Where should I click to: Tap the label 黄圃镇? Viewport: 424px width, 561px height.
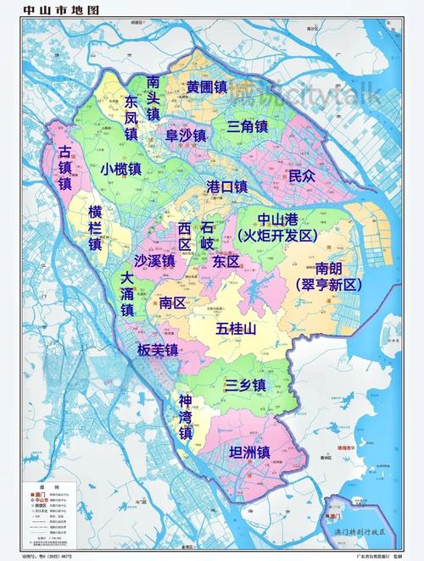[x=207, y=86]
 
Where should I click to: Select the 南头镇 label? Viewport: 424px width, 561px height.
[x=153, y=98]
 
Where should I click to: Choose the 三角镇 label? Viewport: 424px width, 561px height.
[x=247, y=126]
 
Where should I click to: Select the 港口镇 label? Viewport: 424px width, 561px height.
[x=226, y=186]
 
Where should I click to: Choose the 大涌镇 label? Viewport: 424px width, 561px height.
[x=126, y=294]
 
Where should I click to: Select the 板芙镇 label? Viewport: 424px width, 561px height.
[x=159, y=349]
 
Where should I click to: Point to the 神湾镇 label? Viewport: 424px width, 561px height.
[x=185, y=416]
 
